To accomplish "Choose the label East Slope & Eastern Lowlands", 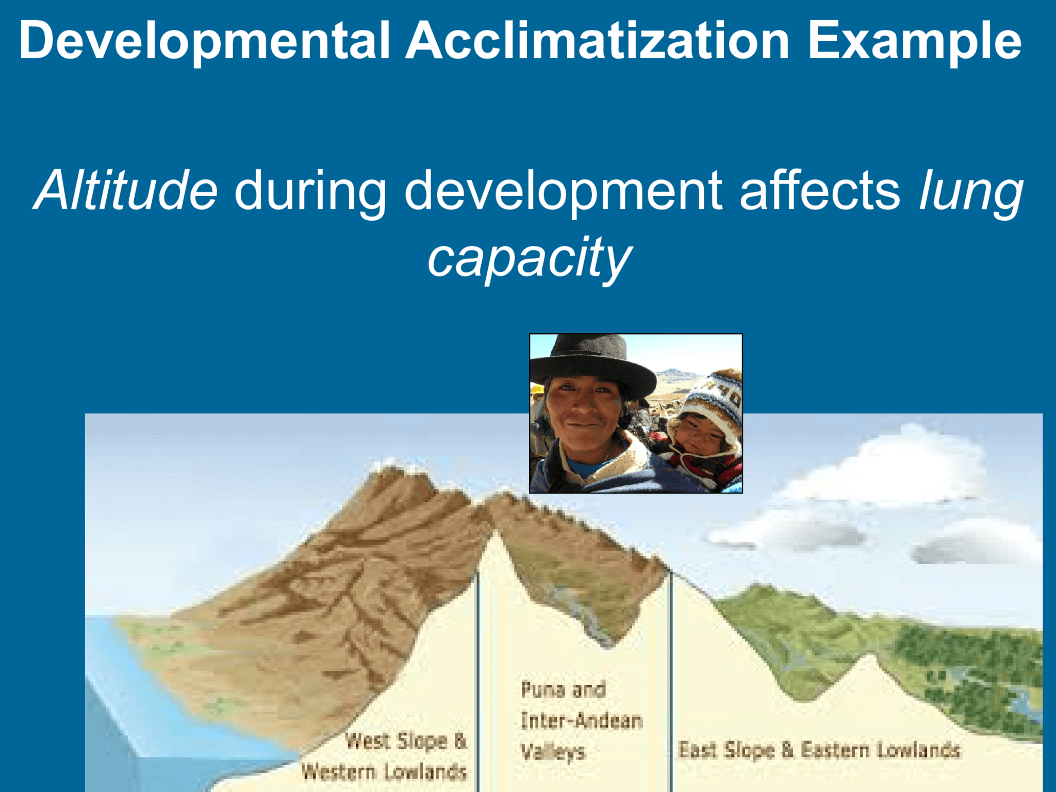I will [819, 750].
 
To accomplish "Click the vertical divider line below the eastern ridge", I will [671, 681].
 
